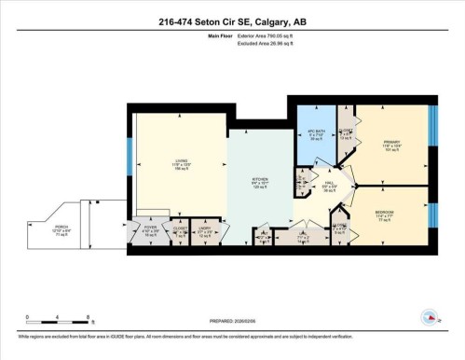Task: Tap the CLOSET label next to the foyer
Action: (180, 226)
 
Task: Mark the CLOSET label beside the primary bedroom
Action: (347, 132)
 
